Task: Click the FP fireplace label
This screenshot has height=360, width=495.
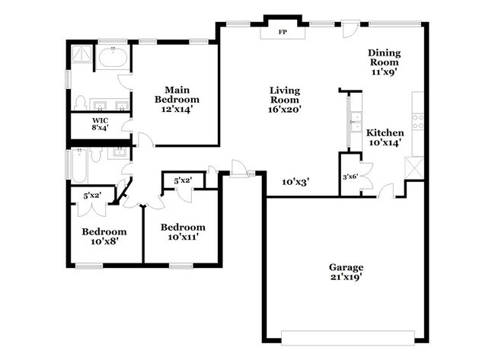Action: click(282, 32)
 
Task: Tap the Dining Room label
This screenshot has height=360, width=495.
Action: click(385, 62)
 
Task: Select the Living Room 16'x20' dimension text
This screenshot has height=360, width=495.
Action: click(286, 108)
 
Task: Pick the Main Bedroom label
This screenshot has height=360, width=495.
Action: click(177, 100)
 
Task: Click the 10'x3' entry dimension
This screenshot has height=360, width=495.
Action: click(295, 181)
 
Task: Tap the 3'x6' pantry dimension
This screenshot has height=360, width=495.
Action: click(350, 177)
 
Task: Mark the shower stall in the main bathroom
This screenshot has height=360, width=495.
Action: click(81, 58)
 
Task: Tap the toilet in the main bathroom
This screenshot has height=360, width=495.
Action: click(81, 102)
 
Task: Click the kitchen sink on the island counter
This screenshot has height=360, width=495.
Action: click(355, 120)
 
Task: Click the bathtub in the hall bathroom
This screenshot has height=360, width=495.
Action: click(83, 159)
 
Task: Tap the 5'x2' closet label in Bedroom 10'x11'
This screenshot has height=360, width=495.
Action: click(183, 181)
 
